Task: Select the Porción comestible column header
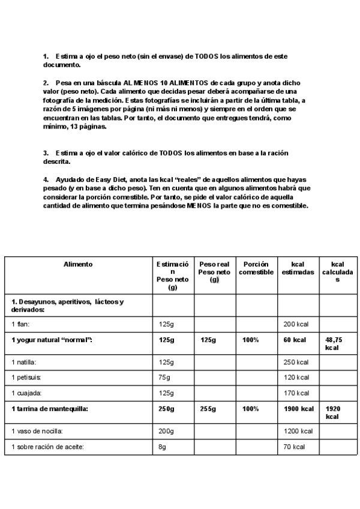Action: pos(256,268)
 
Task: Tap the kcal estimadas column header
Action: pos(298,268)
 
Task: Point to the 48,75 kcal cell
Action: pos(333,343)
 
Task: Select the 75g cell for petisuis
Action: pos(164,378)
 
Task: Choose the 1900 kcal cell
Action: pos(298,409)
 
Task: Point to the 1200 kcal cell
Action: pos(298,432)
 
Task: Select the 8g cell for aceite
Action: pos(163,447)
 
